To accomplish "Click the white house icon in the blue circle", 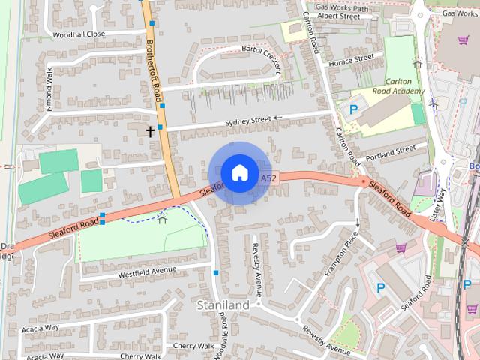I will [x=239, y=172].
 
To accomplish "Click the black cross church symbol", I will [x=150, y=132].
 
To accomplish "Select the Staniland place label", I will [x=223, y=306].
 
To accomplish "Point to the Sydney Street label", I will [x=247, y=120].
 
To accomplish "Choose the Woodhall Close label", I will [x=79, y=34].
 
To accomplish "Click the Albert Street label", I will [x=339, y=16].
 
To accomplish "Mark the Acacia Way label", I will [x=40, y=328].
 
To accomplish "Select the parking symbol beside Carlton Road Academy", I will [x=353, y=109].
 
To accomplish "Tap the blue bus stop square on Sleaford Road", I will [x=102, y=217].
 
